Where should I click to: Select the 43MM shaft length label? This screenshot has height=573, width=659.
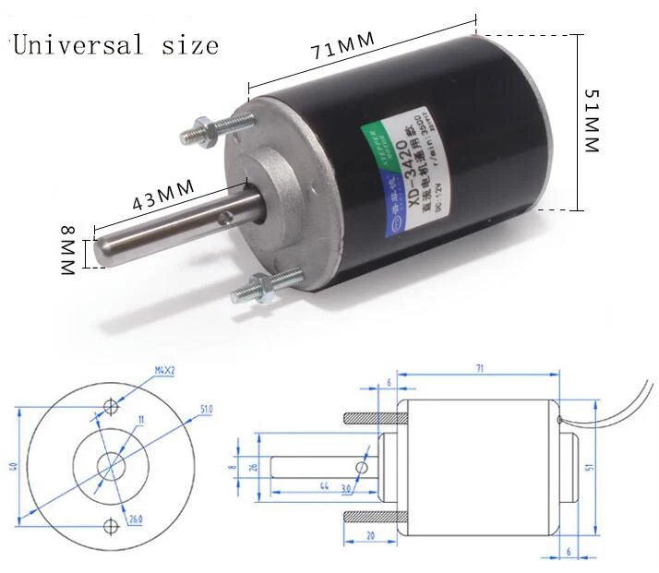163,195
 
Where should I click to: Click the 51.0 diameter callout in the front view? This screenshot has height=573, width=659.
204,408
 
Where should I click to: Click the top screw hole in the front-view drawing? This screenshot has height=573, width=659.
112,406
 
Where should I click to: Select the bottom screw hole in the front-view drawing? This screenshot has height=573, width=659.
111,527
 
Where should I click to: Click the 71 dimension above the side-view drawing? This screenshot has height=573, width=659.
479,368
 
